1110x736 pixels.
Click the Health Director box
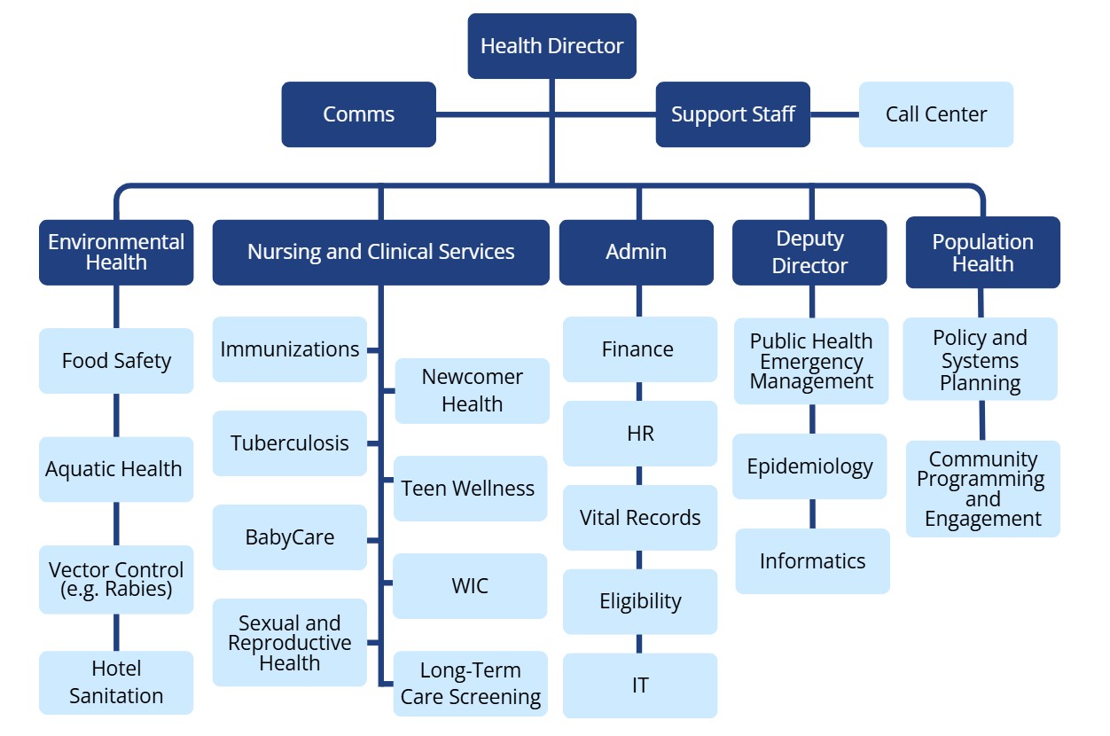click(x=551, y=46)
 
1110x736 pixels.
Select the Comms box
click(x=358, y=114)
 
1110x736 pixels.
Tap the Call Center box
click(x=935, y=114)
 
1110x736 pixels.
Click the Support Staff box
click(x=732, y=114)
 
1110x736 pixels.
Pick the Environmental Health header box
click(x=116, y=252)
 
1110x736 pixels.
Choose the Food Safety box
click(x=116, y=361)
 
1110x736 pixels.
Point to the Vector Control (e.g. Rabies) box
click(x=116, y=579)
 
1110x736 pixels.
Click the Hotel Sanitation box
click(x=116, y=682)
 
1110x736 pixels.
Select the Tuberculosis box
click(x=290, y=443)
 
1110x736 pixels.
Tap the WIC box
click(x=470, y=586)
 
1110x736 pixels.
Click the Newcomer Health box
click(x=472, y=390)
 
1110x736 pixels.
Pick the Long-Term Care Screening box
click(x=470, y=684)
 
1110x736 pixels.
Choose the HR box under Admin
click(x=640, y=434)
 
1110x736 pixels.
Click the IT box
click(x=640, y=685)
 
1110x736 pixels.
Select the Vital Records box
click(x=640, y=518)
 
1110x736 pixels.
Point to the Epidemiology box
click(x=809, y=466)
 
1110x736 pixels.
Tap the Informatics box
click(x=812, y=561)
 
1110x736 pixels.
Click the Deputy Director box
click(x=809, y=252)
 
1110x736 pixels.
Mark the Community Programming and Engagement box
click(x=982, y=489)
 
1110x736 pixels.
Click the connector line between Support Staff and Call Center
click(x=834, y=114)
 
